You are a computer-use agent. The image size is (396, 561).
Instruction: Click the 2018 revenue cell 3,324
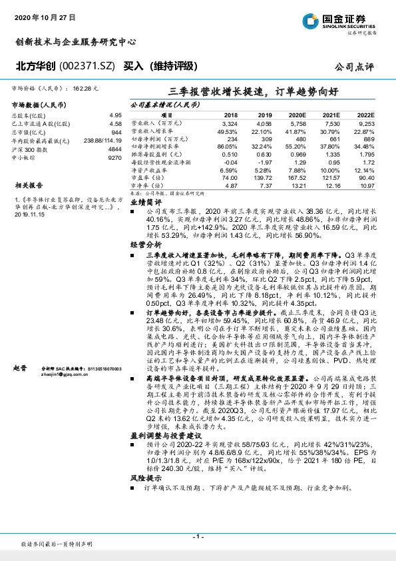[228, 124]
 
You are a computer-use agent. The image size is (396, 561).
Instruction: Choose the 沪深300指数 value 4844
[114, 151]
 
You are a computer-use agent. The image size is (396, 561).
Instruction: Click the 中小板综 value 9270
[114, 159]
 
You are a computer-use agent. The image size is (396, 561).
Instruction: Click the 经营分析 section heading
[145, 245]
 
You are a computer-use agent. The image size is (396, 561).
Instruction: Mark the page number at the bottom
[198, 537]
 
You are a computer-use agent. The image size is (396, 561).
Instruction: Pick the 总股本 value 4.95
[115, 115]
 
